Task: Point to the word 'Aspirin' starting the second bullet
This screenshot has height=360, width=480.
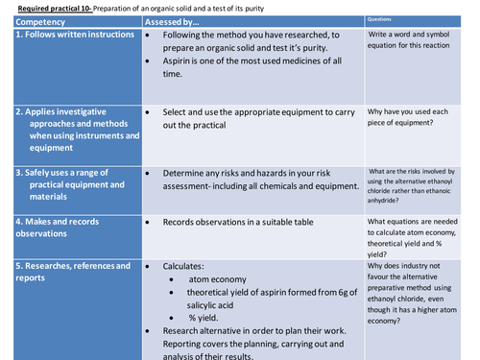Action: point(180,60)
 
